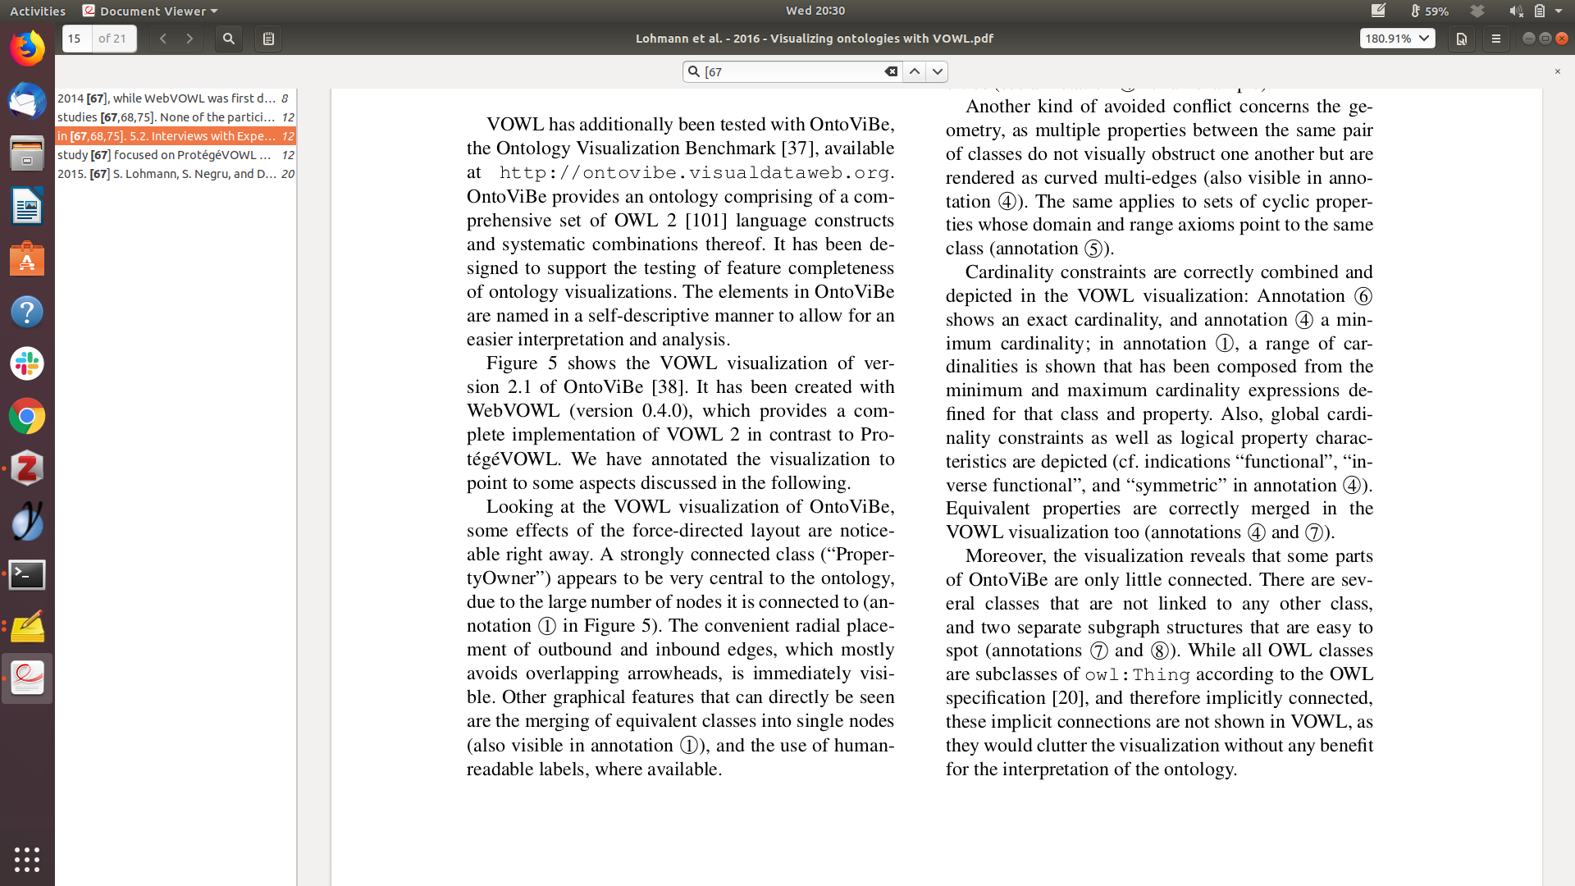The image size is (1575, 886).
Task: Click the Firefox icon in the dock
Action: pos(27,48)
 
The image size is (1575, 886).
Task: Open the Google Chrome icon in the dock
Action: pos(27,417)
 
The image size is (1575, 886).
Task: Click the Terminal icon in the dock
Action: pos(27,574)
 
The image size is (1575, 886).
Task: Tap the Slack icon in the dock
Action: pos(27,363)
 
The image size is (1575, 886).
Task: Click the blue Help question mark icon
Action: pos(27,312)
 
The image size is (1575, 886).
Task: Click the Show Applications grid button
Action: pos(27,859)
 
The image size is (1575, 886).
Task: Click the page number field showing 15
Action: pos(76,39)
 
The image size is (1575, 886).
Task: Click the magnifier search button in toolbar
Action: pos(229,39)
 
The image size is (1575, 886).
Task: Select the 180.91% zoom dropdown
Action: pos(1397,39)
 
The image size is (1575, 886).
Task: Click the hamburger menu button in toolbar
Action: pos(1496,39)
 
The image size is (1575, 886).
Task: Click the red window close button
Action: pos(1562,39)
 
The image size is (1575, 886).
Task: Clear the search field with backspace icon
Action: pos(891,72)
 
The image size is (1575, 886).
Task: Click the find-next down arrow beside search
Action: pos(937,72)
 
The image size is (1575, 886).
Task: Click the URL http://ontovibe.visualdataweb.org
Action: pos(694,173)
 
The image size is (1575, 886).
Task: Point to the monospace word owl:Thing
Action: pos(1137,675)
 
